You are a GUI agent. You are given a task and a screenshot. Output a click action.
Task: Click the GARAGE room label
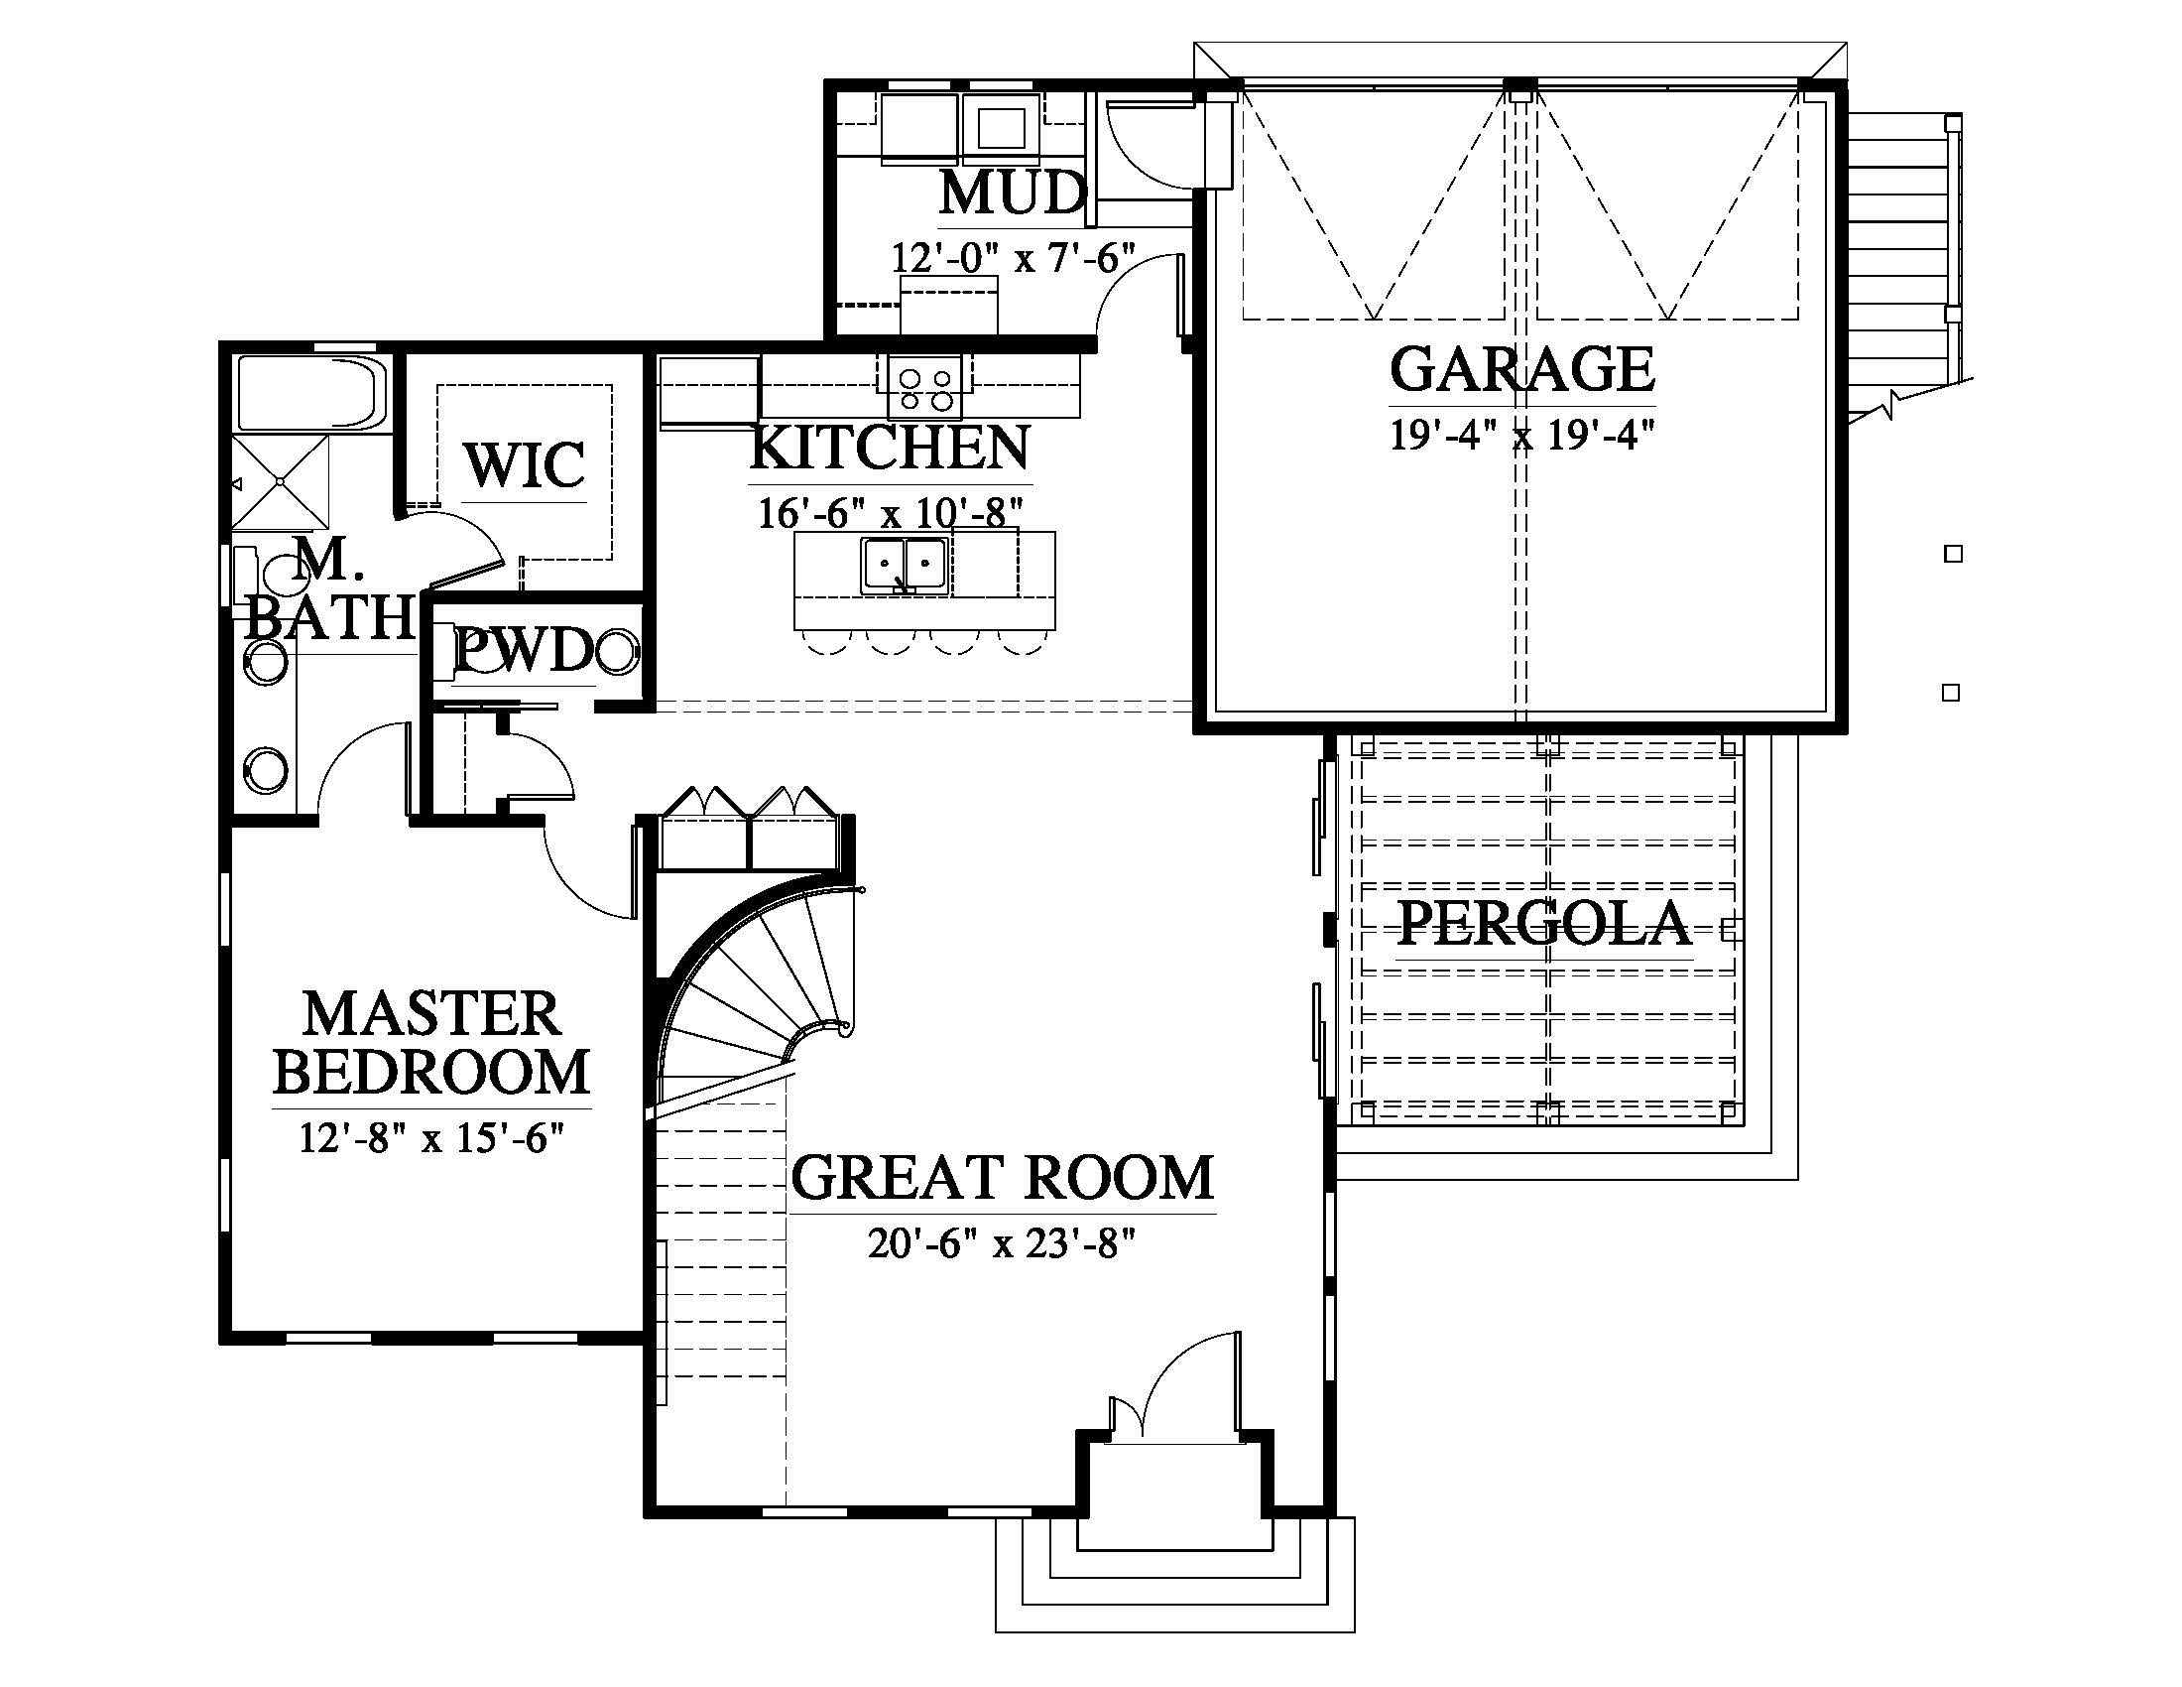click(x=1521, y=369)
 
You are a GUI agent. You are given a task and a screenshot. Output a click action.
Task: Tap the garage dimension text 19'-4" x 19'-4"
click(x=1522, y=435)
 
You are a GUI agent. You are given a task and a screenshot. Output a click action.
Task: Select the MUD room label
click(x=1012, y=193)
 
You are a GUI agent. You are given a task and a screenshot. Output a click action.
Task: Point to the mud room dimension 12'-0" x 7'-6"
click(x=1013, y=258)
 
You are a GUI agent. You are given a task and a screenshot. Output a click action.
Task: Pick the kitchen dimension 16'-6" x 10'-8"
click(x=890, y=513)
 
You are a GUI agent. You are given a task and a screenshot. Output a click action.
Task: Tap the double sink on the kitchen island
click(x=905, y=566)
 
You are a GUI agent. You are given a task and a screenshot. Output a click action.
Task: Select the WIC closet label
click(x=525, y=464)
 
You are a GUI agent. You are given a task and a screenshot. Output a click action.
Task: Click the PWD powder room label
click(x=525, y=652)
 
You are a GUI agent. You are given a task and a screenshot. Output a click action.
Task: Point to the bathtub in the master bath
click(x=310, y=393)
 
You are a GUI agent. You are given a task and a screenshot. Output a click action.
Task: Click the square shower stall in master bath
click(x=281, y=481)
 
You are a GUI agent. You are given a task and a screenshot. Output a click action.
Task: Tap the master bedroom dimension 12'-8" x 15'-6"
click(x=431, y=1137)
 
